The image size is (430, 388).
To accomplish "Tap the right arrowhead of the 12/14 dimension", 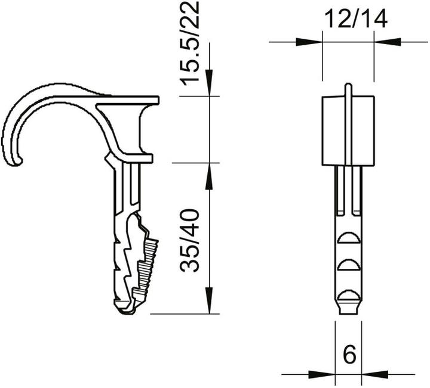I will (x=386, y=42).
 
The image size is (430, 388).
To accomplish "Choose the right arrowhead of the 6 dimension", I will (x=373, y=374).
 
